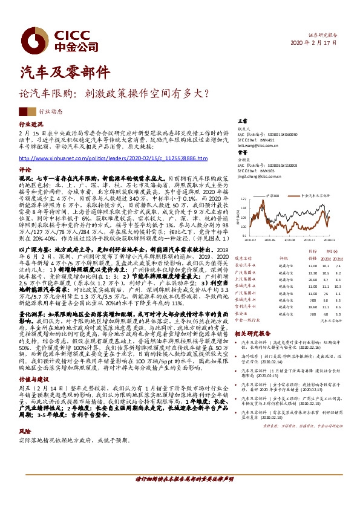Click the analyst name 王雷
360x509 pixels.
(x=242, y=122)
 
